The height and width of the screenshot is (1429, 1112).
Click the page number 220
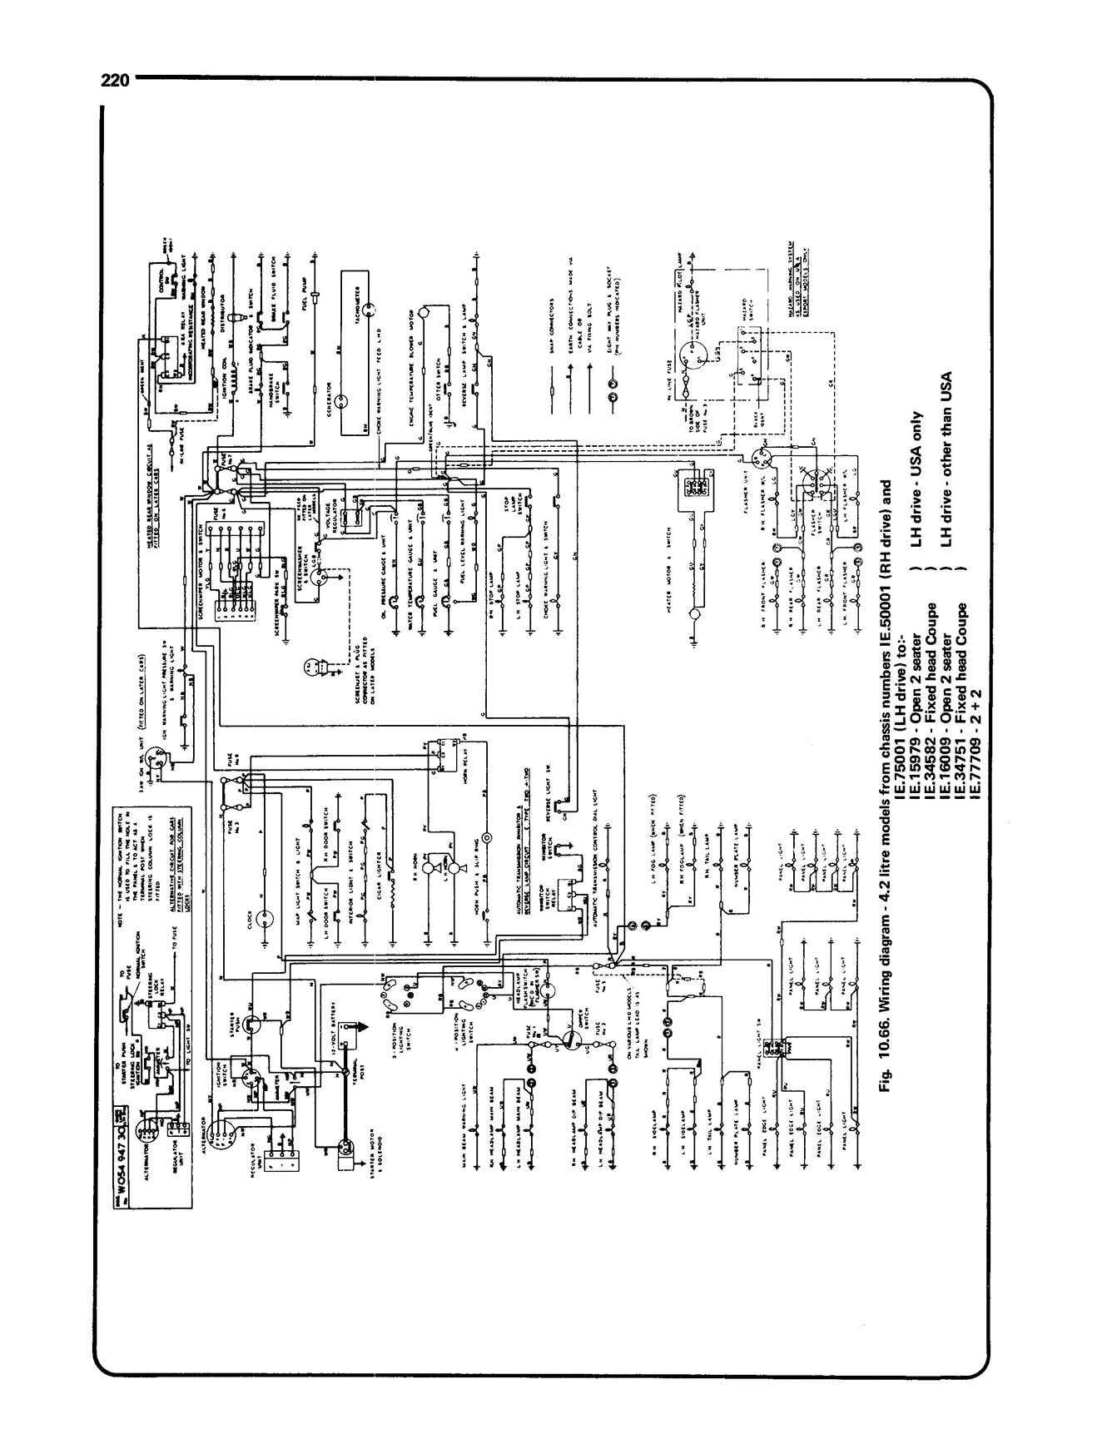114,81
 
